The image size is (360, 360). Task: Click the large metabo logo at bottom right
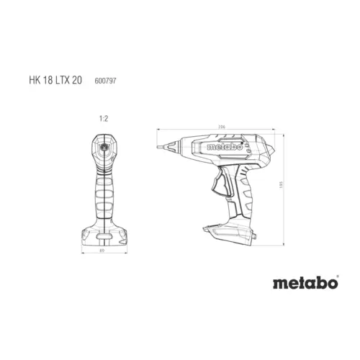pyautogui.click(x=305, y=283)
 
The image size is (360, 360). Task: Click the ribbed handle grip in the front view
pyautogui.click(x=105, y=194)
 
